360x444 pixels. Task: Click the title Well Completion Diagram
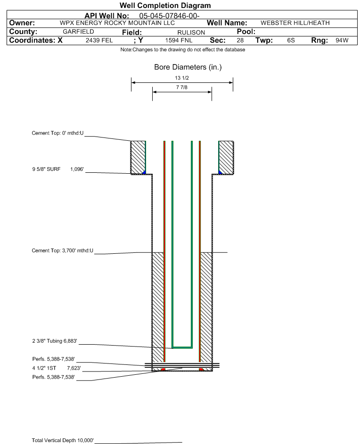click(x=165, y=5)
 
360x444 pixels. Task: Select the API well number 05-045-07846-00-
click(x=169, y=16)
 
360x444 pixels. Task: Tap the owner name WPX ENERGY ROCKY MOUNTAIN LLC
click(x=117, y=23)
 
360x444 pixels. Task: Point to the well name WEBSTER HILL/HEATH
click(x=295, y=23)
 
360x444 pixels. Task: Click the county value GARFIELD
click(x=78, y=32)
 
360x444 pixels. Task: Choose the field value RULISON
click(x=191, y=32)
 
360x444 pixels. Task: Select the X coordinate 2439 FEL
click(x=99, y=40)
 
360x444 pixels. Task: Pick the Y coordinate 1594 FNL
click(x=179, y=40)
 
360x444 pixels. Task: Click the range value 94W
click(x=342, y=40)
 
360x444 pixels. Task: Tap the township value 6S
click(x=291, y=40)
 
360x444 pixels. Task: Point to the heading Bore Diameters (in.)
click(x=188, y=67)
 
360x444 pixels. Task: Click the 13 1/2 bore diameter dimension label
click(x=182, y=78)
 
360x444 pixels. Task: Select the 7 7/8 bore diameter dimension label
click(x=182, y=87)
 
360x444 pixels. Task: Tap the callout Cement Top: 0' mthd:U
click(x=57, y=133)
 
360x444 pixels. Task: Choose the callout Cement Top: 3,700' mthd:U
click(x=62, y=250)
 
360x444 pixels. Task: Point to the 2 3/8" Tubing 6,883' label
click(x=55, y=341)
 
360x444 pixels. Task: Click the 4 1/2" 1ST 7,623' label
click(x=57, y=368)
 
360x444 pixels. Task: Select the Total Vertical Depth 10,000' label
click(x=62, y=440)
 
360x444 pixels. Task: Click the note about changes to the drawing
click(x=182, y=49)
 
